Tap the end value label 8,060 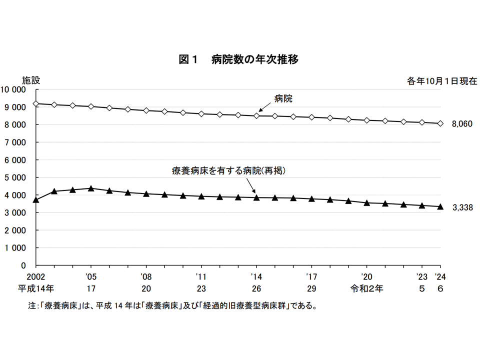pos(462,123)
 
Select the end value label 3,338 pos(462,207)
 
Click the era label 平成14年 pos(36,288)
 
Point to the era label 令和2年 pos(367,288)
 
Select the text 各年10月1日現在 pos(442,80)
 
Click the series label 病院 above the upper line pos(283,98)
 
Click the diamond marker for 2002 pos(36,103)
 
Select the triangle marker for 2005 pos(91,188)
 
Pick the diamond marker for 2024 pos(440,123)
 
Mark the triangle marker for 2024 pos(440,206)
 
